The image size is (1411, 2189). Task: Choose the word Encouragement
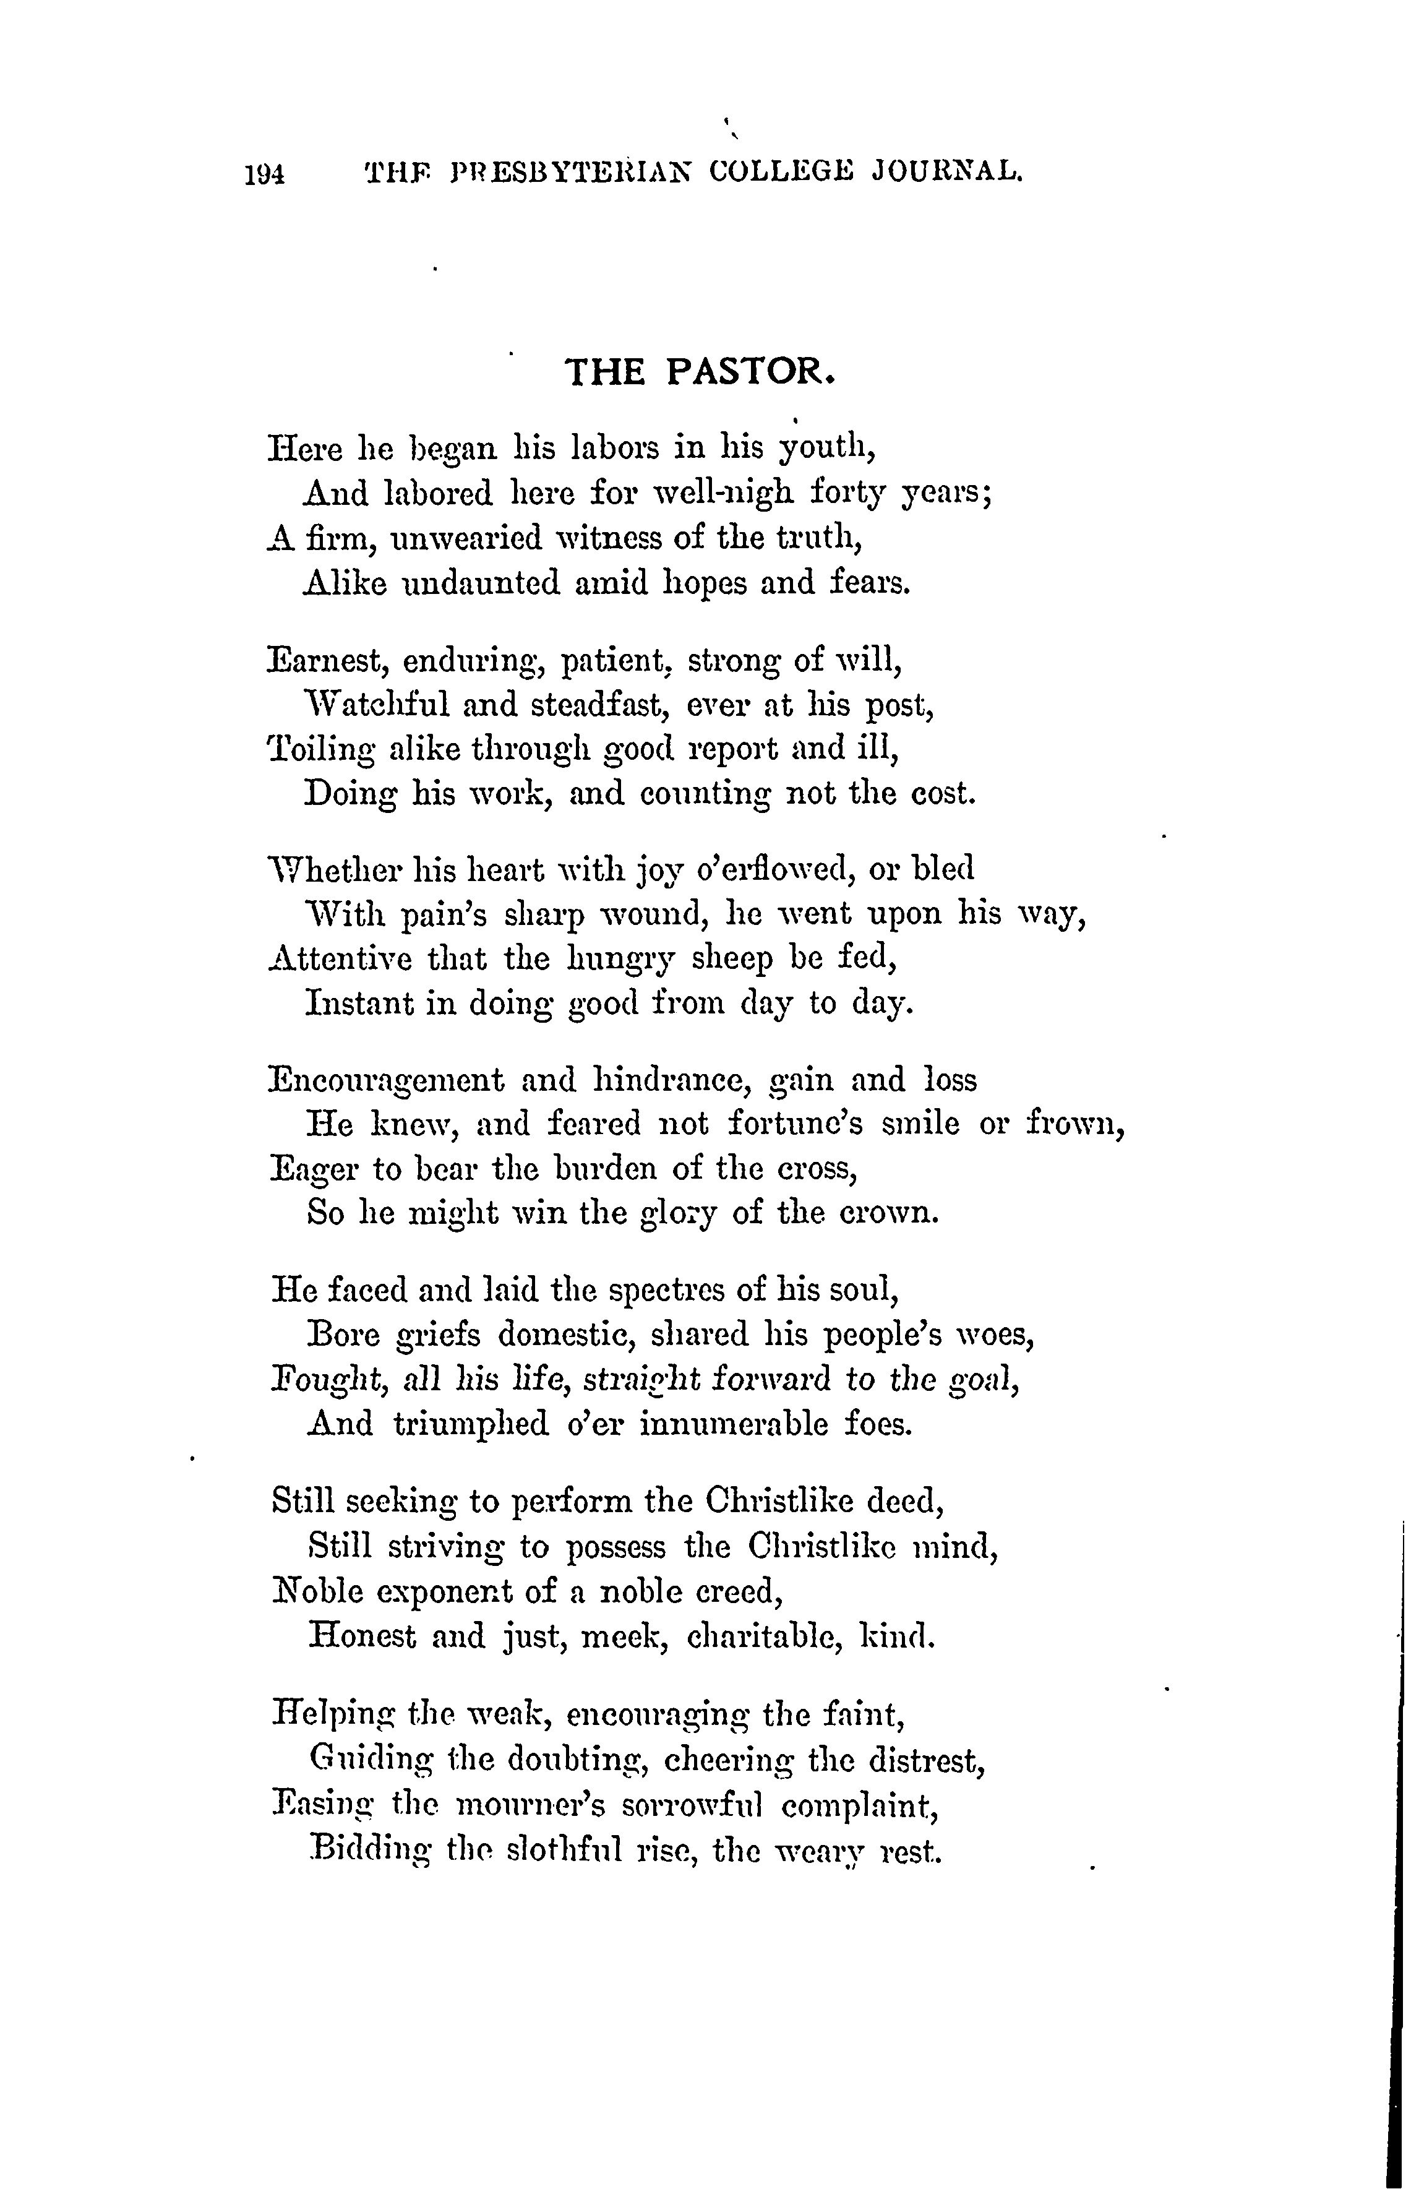(x=386, y=1080)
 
